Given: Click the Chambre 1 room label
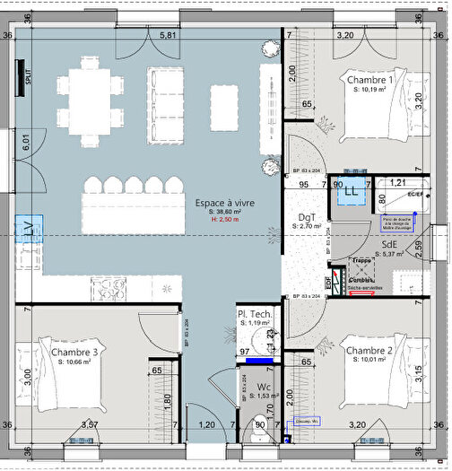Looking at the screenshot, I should point(369,81).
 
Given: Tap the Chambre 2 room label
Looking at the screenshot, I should point(369,350).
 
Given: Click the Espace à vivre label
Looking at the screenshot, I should point(225,204).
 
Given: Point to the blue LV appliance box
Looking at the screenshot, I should point(29,230).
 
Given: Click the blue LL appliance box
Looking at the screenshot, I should point(351,190).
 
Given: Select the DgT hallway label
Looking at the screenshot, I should point(306,217).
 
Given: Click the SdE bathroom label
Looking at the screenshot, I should point(389,243).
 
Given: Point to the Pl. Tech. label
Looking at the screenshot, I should point(254,314).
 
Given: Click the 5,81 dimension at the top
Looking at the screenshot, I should point(168,35).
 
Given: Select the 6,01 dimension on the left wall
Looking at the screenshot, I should point(27,142).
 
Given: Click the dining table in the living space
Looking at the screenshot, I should point(89,100).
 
